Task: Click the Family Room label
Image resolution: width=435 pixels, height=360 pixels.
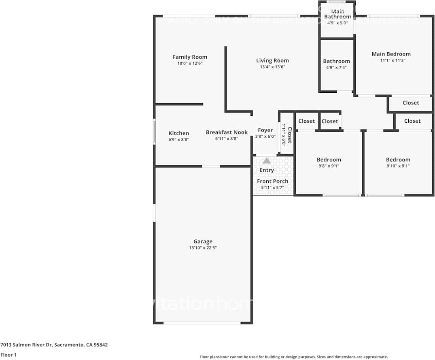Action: [190, 57]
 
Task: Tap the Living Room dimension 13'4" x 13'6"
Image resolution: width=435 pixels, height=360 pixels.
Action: [272, 67]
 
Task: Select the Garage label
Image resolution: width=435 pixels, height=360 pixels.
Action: [203, 241]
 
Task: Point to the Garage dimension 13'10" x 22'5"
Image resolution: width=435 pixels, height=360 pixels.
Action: [203, 248]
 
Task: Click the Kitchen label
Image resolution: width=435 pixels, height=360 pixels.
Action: [178, 133]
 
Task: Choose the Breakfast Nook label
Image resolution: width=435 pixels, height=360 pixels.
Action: [227, 132]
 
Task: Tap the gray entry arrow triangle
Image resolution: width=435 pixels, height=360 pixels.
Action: [267, 161]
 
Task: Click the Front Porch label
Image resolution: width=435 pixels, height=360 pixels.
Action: [272, 181]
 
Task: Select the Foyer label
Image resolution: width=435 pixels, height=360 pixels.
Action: [265, 130]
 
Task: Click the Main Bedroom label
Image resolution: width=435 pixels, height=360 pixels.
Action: [391, 54]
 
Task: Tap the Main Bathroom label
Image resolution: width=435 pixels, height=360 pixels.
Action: [337, 14]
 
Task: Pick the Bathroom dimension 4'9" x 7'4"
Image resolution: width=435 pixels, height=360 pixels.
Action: [336, 68]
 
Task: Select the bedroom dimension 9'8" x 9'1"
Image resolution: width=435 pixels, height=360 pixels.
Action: [329, 166]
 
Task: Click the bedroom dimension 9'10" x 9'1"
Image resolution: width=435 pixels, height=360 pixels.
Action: [398, 166]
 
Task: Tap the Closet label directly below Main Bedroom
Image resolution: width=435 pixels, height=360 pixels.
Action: [411, 103]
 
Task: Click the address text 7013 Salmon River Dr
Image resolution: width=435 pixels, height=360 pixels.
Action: [54, 345]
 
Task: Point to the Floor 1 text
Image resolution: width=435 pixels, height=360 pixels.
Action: [9, 355]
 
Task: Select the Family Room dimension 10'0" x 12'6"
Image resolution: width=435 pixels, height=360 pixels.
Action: [190, 64]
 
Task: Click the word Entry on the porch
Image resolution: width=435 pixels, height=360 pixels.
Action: [267, 170]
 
